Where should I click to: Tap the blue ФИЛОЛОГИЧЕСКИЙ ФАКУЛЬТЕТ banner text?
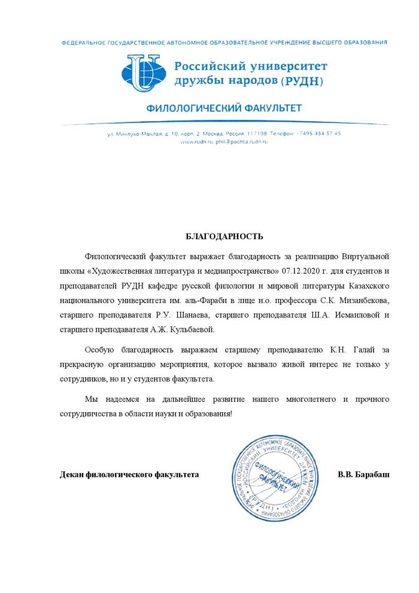tap(224, 109)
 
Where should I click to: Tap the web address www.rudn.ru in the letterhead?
tap(192, 142)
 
